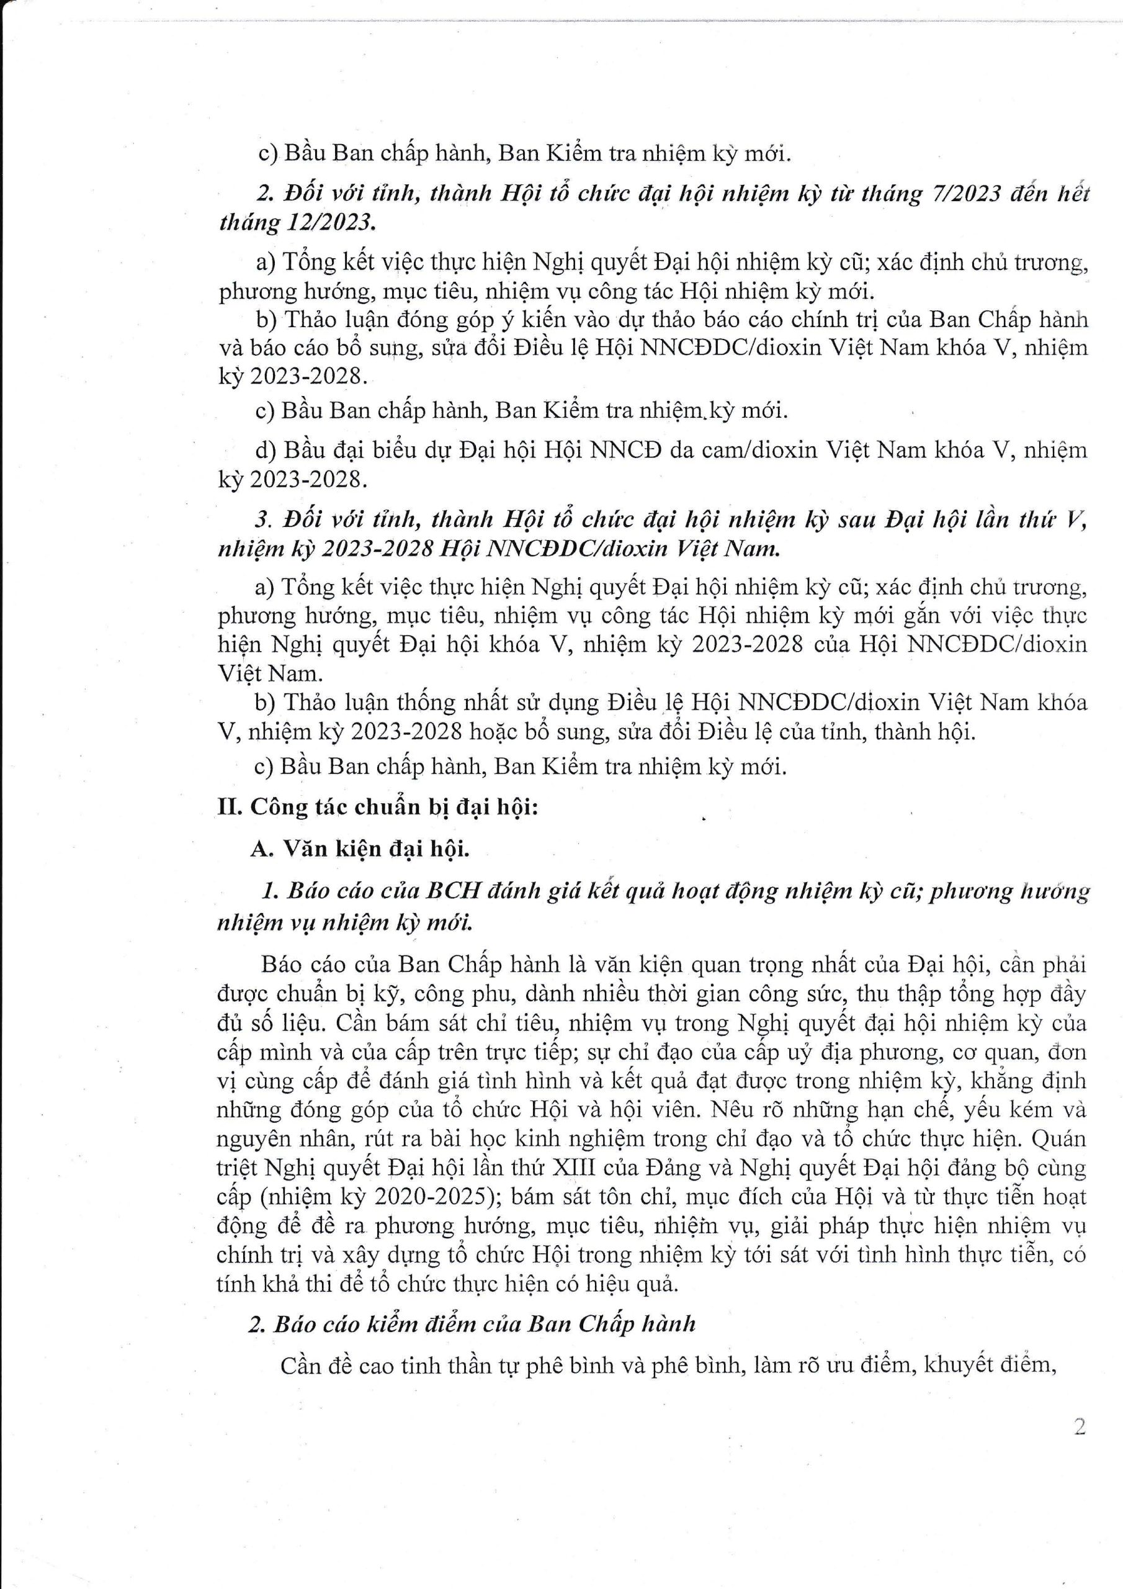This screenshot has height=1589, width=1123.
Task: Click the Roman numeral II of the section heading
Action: point(229,808)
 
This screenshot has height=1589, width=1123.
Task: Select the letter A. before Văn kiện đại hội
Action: point(262,849)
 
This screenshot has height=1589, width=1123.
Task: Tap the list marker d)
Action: point(266,451)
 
